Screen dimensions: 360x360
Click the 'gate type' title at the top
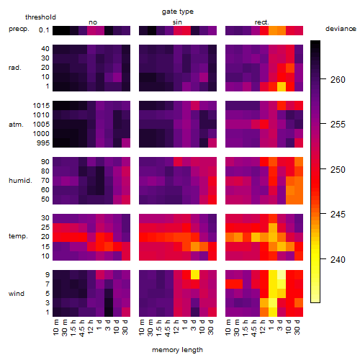[178, 12]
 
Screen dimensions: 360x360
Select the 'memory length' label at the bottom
[177, 350]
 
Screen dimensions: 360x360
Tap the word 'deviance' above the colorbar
[341, 29]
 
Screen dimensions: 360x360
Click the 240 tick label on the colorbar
[338, 259]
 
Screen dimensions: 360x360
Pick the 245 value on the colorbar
[338, 214]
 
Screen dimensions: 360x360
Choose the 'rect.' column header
[262, 22]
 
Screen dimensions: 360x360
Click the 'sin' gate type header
[177, 22]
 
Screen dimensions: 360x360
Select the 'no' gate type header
[93, 22]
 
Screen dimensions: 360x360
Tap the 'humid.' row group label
[20, 181]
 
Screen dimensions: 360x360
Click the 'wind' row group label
[17, 294]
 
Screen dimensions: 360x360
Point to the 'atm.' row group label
[16, 125]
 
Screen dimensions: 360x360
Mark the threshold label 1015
[41, 106]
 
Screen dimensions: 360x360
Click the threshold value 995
[43, 143]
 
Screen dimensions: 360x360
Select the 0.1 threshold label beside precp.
[44, 30]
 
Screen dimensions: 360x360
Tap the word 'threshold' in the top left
[40, 17]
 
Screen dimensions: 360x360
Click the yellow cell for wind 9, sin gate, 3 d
[195, 274]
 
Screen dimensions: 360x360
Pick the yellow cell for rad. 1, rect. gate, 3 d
[282, 86]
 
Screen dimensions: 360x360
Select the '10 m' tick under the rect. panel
[228, 327]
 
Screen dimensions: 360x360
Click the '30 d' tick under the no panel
[125, 327]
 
